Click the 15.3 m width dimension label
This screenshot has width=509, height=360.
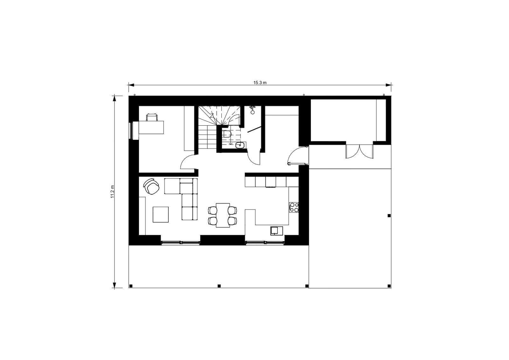click(x=260, y=83)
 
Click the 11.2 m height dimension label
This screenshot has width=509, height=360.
click(x=112, y=192)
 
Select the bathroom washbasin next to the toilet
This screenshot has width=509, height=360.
click(x=240, y=145)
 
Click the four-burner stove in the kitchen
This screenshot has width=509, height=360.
click(x=294, y=207)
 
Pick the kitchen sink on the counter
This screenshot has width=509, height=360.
click(x=276, y=231)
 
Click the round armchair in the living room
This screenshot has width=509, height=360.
click(x=151, y=186)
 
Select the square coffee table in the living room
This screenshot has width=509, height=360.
click(x=161, y=214)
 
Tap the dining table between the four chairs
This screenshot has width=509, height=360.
click(x=223, y=215)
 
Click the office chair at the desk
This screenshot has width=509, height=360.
click(x=152, y=117)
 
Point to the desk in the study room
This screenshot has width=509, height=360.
click(x=151, y=128)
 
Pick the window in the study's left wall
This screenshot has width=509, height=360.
click(x=131, y=130)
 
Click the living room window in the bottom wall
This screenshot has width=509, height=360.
click(x=180, y=243)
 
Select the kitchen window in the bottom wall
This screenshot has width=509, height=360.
click(x=265, y=243)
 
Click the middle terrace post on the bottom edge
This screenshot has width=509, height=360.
click(x=219, y=286)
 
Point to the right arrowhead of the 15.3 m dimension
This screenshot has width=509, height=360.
click(x=388, y=85)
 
